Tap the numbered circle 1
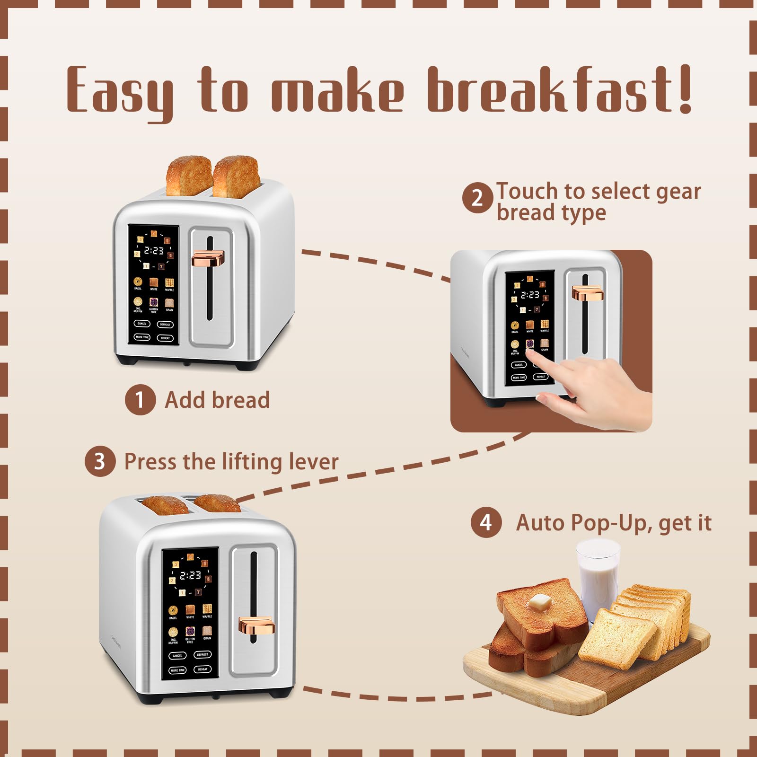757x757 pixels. coord(140,400)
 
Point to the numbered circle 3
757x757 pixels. coord(100,461)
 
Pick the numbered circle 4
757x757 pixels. coord(486,522)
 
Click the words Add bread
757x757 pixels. coord(217,400)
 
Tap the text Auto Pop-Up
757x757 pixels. coord(581,523)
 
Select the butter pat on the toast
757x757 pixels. coord(540,602)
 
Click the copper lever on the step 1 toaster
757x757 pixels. coord(208,259)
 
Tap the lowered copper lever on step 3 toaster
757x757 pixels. coord(256,625)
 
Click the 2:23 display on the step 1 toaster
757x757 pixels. coord(154,250)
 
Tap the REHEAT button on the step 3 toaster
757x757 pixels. coord(202,669)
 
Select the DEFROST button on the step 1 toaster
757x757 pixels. coord(165,325)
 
